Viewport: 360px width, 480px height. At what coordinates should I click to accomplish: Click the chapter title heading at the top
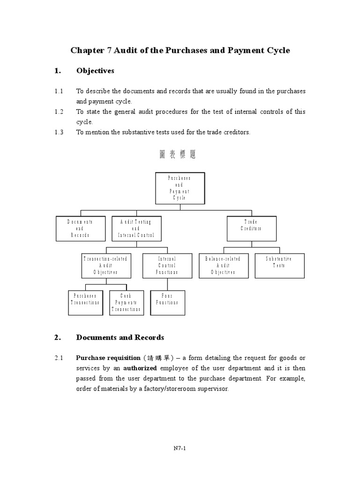(180, 50)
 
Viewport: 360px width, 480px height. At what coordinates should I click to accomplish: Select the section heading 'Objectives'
(95, 71)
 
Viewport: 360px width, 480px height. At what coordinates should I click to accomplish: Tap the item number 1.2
(59, 112)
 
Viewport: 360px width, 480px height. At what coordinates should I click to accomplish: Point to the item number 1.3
(59, 132)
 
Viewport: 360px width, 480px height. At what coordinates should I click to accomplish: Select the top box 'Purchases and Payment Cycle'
(180, 188)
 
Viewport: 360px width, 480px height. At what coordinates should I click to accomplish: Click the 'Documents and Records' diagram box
(80, 228)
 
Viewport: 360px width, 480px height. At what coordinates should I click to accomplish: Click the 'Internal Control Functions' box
(167, 265)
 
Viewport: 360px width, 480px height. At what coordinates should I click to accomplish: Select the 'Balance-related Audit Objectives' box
(223, 265)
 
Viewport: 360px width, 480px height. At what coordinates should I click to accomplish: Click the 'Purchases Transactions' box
(86, 302)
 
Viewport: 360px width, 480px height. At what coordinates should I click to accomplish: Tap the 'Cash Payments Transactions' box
(126, 302)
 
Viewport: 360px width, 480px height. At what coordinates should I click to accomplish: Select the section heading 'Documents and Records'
(120, 337)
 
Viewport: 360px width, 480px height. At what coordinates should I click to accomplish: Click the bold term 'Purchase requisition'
(108, 358)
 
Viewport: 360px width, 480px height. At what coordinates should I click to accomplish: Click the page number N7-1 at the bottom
(180, 448)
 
